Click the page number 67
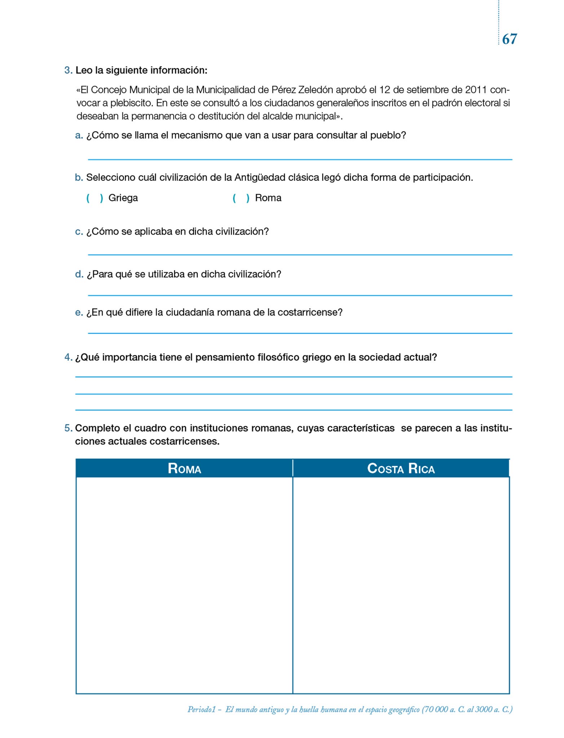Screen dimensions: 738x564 509,39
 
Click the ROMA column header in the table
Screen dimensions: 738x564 184,468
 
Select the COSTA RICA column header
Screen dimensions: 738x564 401,468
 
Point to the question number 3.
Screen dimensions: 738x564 68,70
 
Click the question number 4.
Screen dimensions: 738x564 68,357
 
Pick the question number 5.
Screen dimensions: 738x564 68,428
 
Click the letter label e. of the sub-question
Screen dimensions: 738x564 79,312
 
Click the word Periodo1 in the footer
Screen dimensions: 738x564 201,709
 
